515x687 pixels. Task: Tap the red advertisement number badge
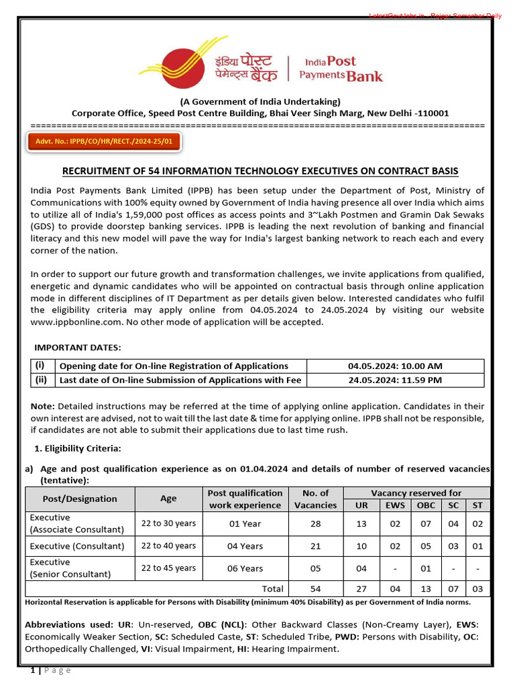[104, 142]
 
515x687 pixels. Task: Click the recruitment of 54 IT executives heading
[260, 171]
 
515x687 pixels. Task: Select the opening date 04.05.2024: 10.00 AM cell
[395, 366]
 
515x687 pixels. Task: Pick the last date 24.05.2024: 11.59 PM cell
[395, 380]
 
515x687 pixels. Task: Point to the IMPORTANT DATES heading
[78, 347]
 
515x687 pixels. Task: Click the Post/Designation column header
[80, 498]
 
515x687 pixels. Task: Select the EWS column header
[395, 505]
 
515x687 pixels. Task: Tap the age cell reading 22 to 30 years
[168, 523]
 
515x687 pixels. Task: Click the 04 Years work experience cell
[245, 546]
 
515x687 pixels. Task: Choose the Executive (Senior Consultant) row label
[69, 568]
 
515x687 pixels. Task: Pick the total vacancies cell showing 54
[315, 588]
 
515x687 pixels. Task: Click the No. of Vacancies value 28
[315, 523]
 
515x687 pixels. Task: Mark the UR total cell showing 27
[361, 588]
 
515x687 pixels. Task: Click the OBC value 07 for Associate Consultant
[426, 523]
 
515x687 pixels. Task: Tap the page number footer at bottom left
[50, 670]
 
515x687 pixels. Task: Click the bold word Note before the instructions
[43, 407]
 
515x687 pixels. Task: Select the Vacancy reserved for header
[416, 492]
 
